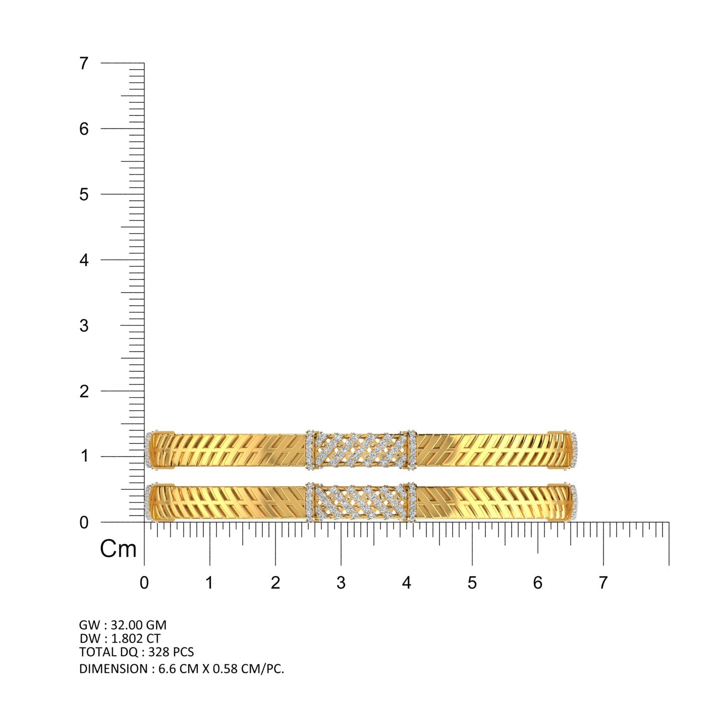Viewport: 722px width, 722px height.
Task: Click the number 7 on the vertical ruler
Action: [84, 63]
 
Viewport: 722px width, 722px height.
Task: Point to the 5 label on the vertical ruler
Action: [84, 195]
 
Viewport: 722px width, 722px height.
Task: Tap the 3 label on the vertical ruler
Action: [84, 325]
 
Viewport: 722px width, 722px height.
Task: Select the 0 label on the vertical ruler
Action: [84, 522]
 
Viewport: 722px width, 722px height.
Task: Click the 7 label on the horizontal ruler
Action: [603, 583]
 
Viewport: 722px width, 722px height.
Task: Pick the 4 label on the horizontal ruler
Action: [407, 583]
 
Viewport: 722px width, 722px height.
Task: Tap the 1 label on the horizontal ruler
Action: [210, 583]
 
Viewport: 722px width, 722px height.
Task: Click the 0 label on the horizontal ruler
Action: [144, 583]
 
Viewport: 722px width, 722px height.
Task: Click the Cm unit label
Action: [118, 550]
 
